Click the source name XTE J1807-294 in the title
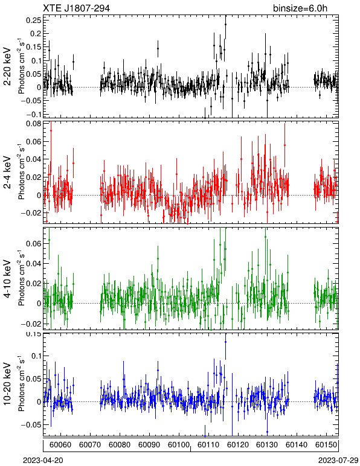pos(76,8)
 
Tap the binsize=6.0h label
pos(300,8)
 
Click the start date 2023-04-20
pos(43,461)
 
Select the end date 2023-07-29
pos(338,461)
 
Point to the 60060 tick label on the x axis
pos(60,445)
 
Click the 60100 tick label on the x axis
pos(179,445)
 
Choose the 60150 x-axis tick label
pos(326,445)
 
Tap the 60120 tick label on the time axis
pos(237,445)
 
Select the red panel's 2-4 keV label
pos(7,173)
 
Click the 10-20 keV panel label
pos(7,384)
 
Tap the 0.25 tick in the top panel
pos(33,20)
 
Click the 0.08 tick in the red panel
pos(33,123)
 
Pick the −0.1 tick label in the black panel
pos(33,114)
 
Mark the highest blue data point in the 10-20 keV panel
pos(226,342)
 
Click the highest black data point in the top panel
pos(226,24)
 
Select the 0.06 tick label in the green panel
pos(33,244)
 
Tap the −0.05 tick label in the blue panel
pos(31,424)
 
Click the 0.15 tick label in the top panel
pos(33,47)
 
